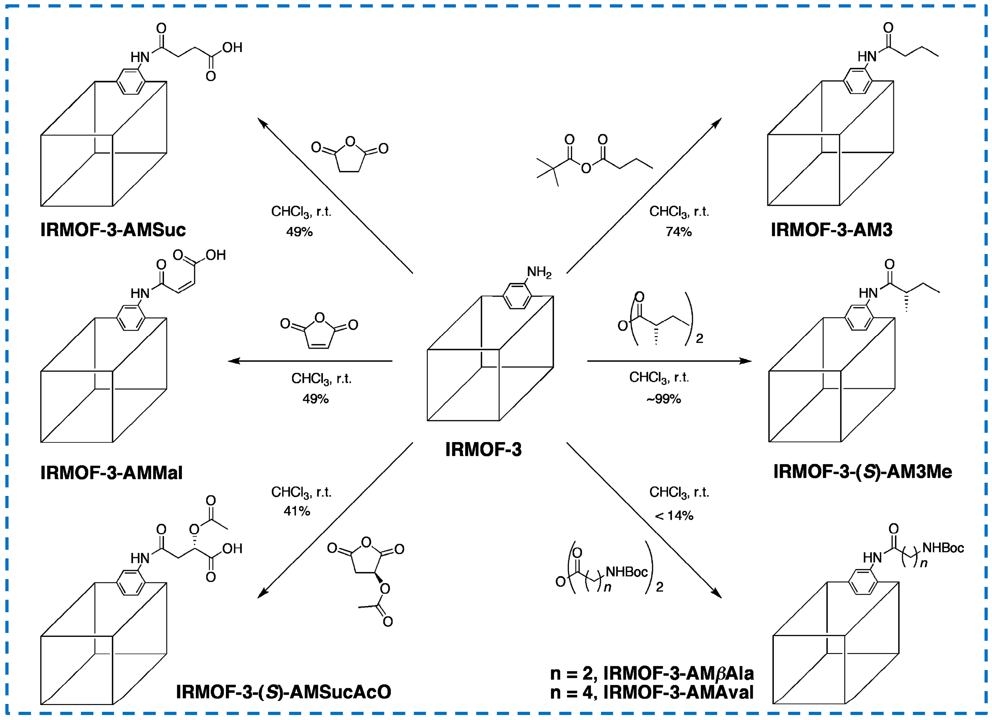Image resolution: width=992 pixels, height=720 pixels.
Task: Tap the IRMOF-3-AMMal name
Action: [x=111, y=473]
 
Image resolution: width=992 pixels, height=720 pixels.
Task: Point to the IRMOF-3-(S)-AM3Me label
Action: [x=862, y=472]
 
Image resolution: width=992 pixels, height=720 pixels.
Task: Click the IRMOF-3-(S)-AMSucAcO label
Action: [x=283, y=692]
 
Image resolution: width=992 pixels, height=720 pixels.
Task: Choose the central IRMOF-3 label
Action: [x=483, y=450]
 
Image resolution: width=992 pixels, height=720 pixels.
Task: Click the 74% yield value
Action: [x=678, y=232]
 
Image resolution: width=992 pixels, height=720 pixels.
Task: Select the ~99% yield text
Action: [x=663, y=399]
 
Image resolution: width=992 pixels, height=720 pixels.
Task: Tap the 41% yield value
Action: [x=297, y=511]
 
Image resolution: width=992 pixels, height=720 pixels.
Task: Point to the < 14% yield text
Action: [x=674, y=516]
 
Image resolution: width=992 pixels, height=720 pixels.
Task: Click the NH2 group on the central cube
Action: [x=539, y=272]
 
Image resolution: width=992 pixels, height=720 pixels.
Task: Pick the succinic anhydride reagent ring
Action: [x=350, y=157]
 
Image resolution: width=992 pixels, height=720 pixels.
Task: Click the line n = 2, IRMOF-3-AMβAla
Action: [x=652, y=674]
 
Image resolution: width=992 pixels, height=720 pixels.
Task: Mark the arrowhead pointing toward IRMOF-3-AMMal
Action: [x=233, y=361]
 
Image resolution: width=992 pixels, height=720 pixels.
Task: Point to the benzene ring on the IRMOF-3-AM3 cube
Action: [x=857, y=81]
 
